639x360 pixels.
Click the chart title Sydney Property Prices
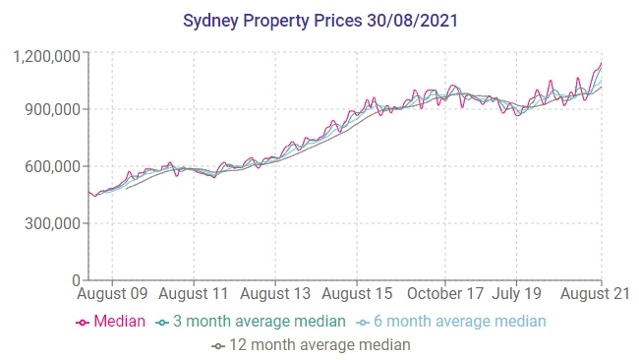tap(279, 20)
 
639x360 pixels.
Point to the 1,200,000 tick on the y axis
tap(47, 56)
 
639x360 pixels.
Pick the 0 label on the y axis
tap(77, 280)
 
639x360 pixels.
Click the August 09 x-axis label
tap(112, 293)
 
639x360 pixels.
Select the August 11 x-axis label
tap(194, 293)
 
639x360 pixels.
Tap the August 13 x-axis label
tap(275, 293)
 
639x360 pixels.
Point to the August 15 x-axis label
tap(358, 293)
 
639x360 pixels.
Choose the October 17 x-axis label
tap(446, 293)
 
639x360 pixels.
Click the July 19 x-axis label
tap(517, 293)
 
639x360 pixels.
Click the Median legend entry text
tap(119, 322)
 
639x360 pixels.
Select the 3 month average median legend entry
tap(260, 322)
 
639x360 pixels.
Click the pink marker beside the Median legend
tap(82, 322)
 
